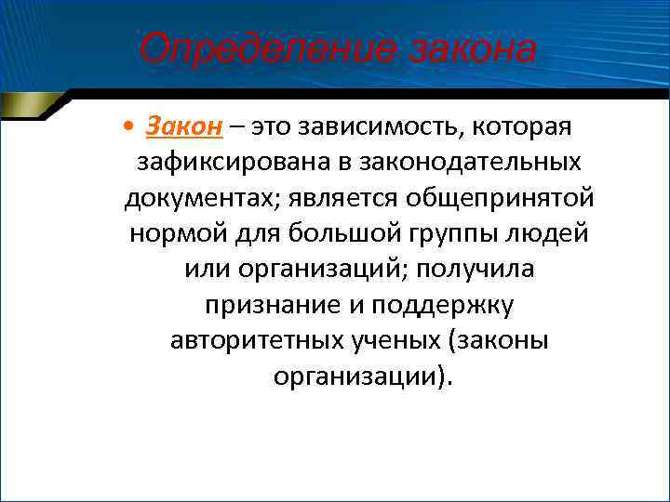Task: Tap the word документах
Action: [203, 198]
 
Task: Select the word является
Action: [349, 198]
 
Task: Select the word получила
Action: [487, 269]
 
